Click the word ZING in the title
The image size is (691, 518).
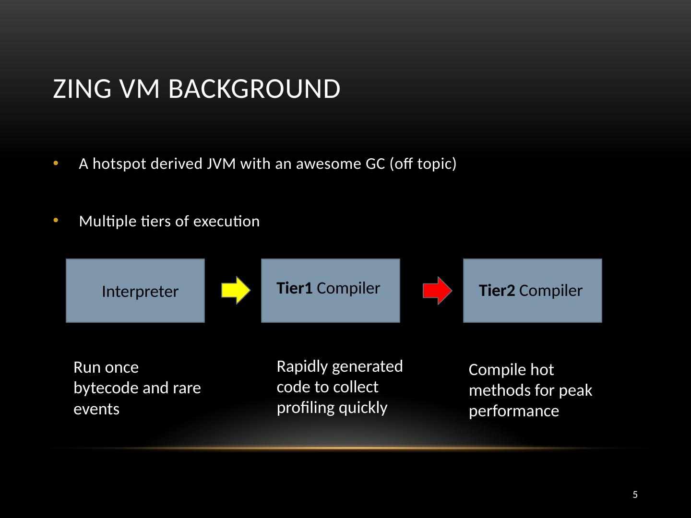[x=82, y=89]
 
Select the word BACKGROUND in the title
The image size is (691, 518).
[x=254, y=89]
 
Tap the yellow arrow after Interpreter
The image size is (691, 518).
[x=236, y=290]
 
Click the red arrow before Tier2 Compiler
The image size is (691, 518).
[x=437, y=290]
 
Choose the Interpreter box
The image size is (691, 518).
[x=135, y=291]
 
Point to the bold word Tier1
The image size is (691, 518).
[x=294, y=288]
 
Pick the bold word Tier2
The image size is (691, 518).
[x=497, y=290]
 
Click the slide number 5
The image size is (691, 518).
[x=635, y=494]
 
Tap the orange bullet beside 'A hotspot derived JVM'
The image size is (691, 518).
[x=56, y=163]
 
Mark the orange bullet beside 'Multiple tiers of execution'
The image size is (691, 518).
[x=56, y=221]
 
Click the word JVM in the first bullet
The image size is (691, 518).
[x=221, y=164]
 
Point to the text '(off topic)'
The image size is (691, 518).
[x=423, y=164]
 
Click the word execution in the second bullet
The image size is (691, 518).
[x=226, y=222]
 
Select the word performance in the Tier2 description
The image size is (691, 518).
[x=514, y=412]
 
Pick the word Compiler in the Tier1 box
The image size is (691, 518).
[x=348, y=288]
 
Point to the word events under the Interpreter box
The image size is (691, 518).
[x=96, y=409]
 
